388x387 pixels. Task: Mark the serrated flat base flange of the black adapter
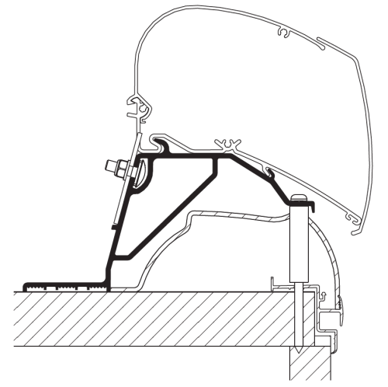pos(66,285)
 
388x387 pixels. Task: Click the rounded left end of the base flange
pos(27,285)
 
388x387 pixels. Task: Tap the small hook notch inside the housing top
pos(285,33)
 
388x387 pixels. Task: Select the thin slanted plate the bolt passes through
pos(124,187)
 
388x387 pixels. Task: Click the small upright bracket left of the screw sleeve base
pos(274,283)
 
